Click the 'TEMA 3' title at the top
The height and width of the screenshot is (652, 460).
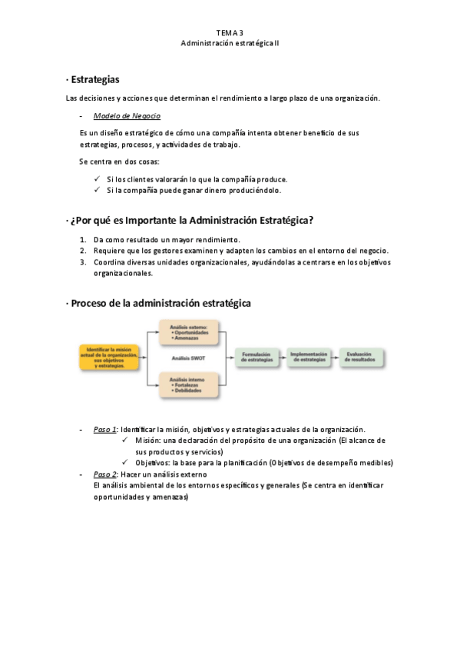point(230,33)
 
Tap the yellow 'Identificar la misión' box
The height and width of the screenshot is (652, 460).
point(108,357)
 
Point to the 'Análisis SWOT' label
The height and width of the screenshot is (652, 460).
point(188,358)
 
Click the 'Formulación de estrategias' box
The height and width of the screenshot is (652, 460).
point(256,358)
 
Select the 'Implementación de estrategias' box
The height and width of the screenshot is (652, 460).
point(309,358)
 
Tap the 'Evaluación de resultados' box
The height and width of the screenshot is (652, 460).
point(359,358)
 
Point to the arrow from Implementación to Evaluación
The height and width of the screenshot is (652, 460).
point(335,358)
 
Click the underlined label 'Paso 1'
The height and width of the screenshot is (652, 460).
point(104,429)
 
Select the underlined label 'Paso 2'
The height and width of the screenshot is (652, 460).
point(104,474)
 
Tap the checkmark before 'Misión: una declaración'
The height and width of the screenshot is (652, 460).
point(125,441)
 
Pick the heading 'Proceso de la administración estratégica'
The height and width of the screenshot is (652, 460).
point(161,303)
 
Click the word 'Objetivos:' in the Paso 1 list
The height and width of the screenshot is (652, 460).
point(154,463)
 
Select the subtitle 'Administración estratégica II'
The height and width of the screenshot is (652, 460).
point(230,44)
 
